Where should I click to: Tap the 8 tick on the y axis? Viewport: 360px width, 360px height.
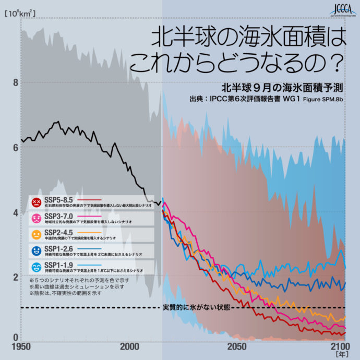(16, 82)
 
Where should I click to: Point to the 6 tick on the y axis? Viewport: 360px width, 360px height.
(16, 148)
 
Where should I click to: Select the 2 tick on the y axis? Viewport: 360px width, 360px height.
(16, 277)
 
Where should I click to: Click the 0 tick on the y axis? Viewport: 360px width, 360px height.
(16, 337)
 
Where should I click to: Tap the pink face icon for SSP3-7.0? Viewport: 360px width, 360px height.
(37, 218)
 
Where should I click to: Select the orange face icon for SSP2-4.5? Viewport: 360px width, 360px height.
(37, 234)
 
